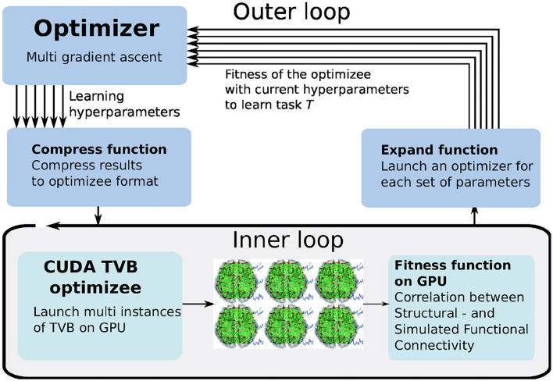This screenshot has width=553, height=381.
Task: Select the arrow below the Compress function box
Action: coord(98,212)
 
